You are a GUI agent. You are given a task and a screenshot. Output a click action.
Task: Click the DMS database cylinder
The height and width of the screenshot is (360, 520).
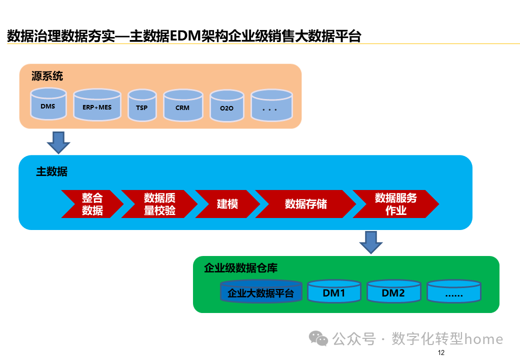48,104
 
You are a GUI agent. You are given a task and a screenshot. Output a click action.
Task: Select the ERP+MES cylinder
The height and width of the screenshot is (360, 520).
97,105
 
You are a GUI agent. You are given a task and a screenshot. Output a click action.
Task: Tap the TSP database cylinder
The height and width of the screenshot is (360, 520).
142,105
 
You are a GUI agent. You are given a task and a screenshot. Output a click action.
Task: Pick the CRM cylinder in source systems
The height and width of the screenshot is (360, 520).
182,105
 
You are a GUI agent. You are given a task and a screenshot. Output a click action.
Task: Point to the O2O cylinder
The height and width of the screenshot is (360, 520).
226,106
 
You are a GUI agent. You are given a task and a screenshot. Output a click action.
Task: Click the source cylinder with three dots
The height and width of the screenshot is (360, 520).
271,106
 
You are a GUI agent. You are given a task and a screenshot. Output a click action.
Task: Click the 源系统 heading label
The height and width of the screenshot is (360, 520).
47,76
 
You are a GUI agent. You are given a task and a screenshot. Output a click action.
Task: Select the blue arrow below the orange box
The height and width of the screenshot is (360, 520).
58,142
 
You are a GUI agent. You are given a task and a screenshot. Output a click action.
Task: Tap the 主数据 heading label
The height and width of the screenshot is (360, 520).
51,172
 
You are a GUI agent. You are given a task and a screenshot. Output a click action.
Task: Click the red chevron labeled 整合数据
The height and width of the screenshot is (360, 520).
92,204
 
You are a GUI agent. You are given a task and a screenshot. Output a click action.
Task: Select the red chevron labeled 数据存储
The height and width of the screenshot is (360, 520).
305,204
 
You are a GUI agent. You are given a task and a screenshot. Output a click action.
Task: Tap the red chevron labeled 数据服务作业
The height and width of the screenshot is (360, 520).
395,204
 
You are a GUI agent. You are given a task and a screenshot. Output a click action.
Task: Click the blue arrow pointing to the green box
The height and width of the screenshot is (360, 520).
370,242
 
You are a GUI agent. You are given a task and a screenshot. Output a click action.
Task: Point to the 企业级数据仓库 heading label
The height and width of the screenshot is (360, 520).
240,268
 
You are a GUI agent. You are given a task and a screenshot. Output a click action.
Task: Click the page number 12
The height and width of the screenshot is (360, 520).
440,353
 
